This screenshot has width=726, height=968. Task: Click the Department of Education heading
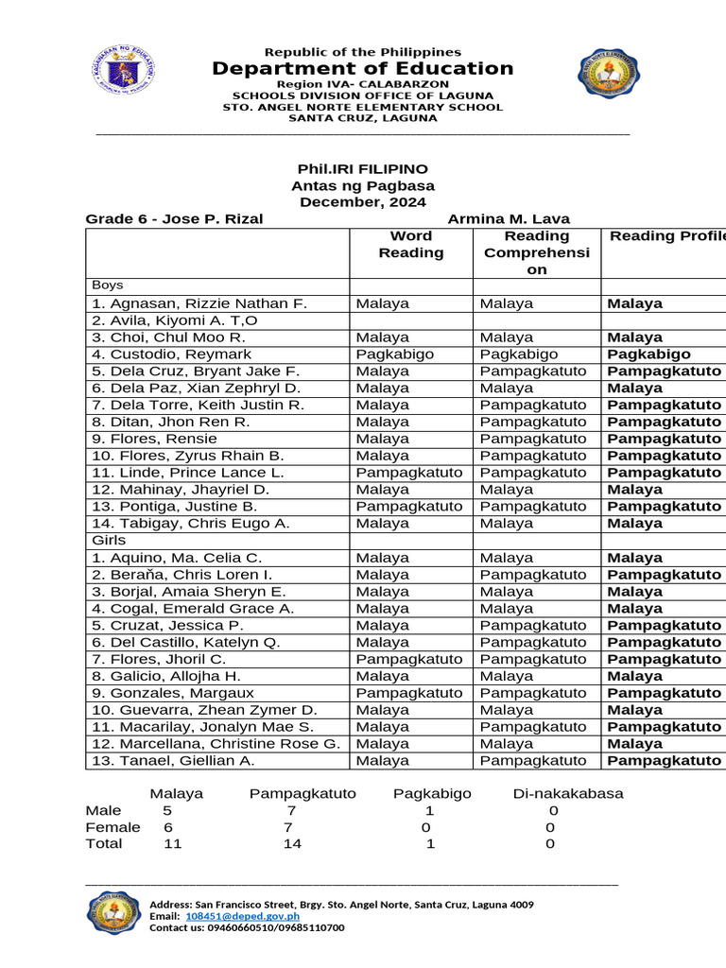coord(363,68)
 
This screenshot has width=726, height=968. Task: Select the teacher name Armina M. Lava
coord(509,219)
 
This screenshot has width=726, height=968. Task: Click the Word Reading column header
coord(410,244)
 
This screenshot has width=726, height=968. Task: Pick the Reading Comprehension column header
coord(536,252)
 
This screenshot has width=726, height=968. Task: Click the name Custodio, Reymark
coord(172,354)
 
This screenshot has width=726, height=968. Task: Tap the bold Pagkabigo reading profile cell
coord(648,354)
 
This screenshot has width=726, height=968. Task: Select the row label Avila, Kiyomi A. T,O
coord(174,320)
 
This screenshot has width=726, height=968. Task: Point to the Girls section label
coord(108,540)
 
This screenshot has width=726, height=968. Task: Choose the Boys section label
coord(108,285)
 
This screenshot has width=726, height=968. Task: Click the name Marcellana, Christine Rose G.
coord(216,744)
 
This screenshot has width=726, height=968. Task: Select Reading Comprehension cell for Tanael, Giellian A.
coord(533,761)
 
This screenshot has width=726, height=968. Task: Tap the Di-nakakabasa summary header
coord(568,793)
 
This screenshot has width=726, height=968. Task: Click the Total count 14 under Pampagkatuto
coord(292,843)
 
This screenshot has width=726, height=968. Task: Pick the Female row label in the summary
coord(112,827)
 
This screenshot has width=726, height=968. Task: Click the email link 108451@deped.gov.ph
coord(242,916)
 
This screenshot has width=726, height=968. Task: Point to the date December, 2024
coord(363,202)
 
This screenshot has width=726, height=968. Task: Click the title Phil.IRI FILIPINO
coord(363,168)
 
